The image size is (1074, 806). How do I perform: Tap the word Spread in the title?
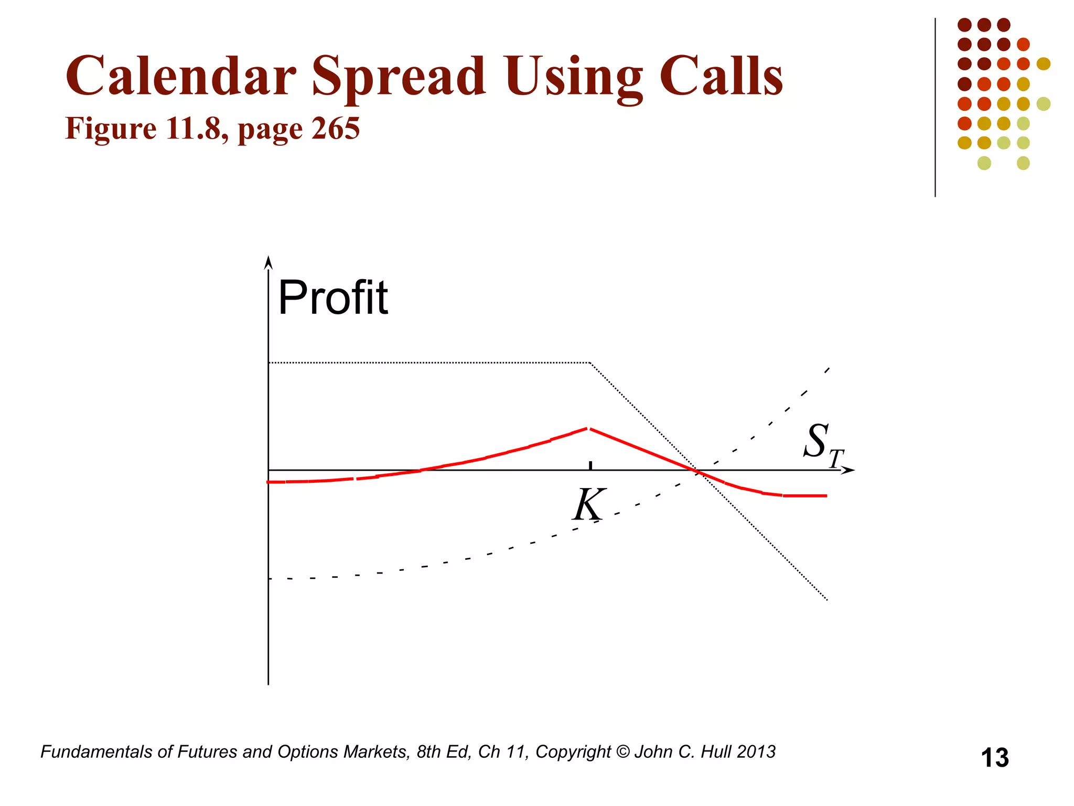(399, 77)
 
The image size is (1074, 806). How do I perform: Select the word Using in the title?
(573, 77)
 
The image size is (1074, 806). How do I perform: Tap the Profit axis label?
(333, 298)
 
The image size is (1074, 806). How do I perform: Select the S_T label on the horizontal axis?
(822, 444)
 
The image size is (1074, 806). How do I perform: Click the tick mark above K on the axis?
(590, 465)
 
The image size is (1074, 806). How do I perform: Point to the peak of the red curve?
(589, 429)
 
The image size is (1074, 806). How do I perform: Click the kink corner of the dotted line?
(590, 363)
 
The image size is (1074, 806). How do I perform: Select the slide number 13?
(994, 758)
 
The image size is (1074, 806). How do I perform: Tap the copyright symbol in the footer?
(622, 752)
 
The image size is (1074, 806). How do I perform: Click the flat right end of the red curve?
(808, 495)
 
